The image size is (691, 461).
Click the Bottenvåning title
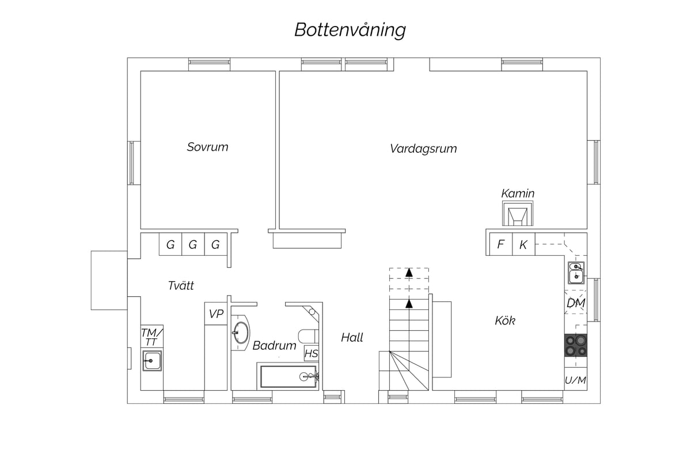tap(350, 30)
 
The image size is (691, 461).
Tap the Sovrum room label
tap(208, 147)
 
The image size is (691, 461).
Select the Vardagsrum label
tap(423, 149)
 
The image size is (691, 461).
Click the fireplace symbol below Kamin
tap(518, 213)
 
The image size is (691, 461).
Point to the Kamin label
tap(518, 194)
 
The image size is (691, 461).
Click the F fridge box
tap(501, 244)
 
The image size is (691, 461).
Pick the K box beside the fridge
tap(523, 244)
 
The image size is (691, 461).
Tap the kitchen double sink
tap(576, 273)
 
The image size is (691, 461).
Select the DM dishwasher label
tap(576, 303)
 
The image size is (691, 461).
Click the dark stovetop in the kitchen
tap(576, 345)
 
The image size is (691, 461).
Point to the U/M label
tap(576, 380)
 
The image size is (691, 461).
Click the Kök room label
tap(505, 320)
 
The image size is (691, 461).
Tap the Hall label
tap(352, 338)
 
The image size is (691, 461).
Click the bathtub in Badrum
tap(288, 376)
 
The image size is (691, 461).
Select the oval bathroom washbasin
tap(241, 332)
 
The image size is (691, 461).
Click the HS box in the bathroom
tap(312, 353)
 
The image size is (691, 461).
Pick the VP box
tap(216, 313)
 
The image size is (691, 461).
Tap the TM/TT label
tap(152, 337)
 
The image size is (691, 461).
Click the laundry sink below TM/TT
tap(152, 361)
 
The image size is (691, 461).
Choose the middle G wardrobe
tap(193, 244)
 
